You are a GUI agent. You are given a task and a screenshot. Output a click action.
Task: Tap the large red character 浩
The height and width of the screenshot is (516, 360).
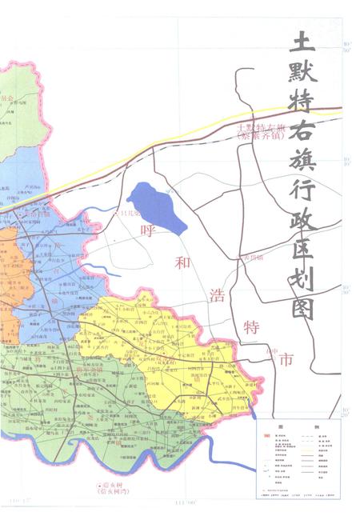216,294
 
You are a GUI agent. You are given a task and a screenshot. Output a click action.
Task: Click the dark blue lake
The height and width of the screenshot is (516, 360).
156,206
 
